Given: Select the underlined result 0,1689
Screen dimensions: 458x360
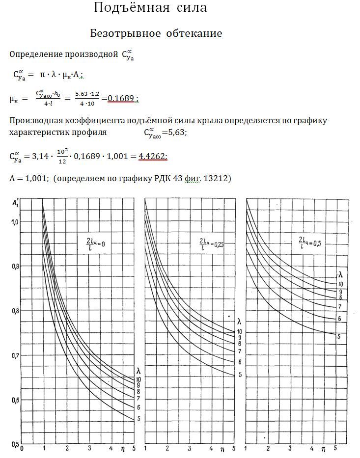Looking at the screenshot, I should pyautogui.click(x=121, y=99).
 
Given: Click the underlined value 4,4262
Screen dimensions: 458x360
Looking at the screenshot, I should pyautogui.click(x=153, y=156).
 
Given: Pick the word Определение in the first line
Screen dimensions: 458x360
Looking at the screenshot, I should pyautogui.click(x=33, y=54).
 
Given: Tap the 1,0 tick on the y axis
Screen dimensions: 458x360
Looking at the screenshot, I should pyautogui.click(x=14, y=222).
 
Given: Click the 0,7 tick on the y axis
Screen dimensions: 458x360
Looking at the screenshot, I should pyautogui.click(x=14, y=355).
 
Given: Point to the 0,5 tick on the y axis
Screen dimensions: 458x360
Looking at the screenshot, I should pyautogui.click(x=14, y=445).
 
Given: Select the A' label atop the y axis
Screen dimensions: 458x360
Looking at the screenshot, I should pyautogui.click(x=15, y=201).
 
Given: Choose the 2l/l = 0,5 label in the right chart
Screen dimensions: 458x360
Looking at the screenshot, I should pyautogui.click(x=309, y=242).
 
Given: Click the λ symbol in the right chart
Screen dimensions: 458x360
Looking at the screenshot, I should pyautogui.click(x=339, y=274).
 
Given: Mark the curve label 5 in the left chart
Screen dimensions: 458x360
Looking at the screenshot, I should pyautogui.click(x=138, y=419).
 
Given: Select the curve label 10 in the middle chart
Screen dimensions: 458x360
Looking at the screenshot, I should pyautogui.click(x=240, y=332).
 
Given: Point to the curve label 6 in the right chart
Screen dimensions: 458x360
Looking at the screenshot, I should pyautogui.click(x=339, y=319).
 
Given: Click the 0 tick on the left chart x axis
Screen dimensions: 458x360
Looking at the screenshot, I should pyautogui.click(x=23, y=449).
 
